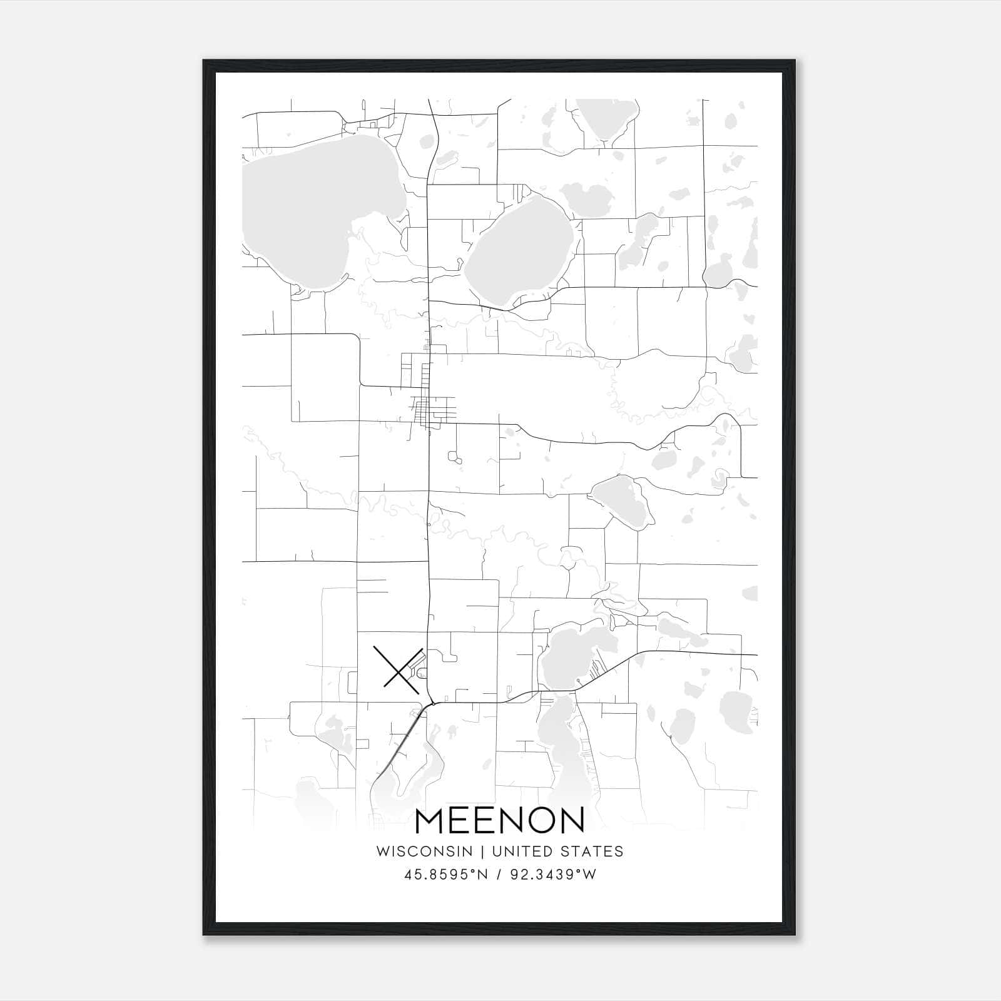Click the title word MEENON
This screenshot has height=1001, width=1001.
500,821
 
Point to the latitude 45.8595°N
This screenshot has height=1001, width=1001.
445,875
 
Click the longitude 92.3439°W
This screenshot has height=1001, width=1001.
553,875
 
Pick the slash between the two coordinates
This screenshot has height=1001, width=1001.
499,875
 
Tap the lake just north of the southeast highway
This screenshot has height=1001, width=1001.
572,657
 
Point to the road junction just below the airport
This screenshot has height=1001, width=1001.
432,703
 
